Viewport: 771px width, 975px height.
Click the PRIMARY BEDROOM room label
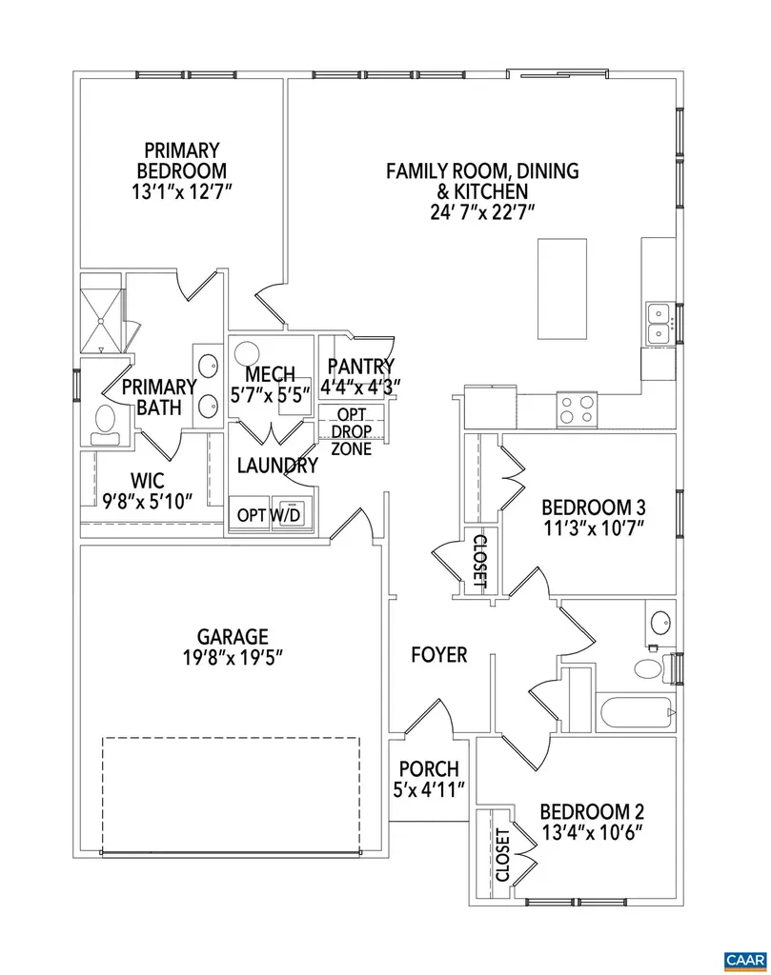pyautogui.click(x=181, y=160)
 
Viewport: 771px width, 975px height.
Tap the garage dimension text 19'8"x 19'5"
pyautogui.click(x=233, y=657)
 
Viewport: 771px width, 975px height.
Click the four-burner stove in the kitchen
pyautogui.click(x=577, y=409)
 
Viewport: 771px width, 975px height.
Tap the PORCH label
pyautogui.click(x=429, y=768)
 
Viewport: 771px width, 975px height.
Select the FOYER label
pyautogui.click(x=439, y=655)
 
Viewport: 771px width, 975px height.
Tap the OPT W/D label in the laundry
pyautogui.click(x=269, y=515)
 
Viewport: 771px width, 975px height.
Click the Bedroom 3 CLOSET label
pyautogui.click(x=479, y=559)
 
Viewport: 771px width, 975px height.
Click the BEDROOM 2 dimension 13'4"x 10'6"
pyautogui.click(x=592, y=832)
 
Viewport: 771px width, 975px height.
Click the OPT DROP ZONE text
pyautogui.click(x=352, y=431)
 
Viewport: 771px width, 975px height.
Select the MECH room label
pyautogui.click(x=270, y=375)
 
